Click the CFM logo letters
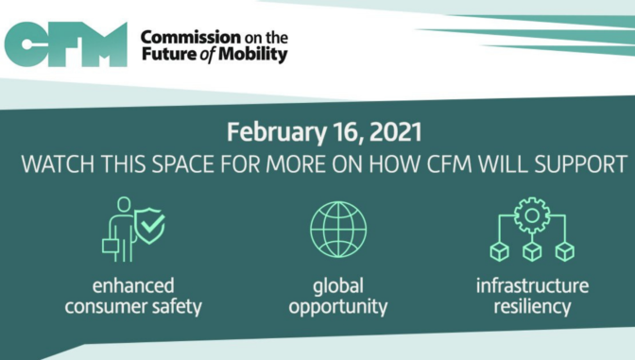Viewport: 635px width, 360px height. pyautogui.click(x=65, y=43)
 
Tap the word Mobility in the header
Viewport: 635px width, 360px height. pyautogui.click(x=256, y=55)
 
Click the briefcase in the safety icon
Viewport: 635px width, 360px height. pyautogui.click(x=112, y=248)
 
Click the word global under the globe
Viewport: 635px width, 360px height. pyautogui.click(x=338, y=285)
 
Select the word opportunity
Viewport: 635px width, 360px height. pyautogui.click(x=338, y=307)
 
